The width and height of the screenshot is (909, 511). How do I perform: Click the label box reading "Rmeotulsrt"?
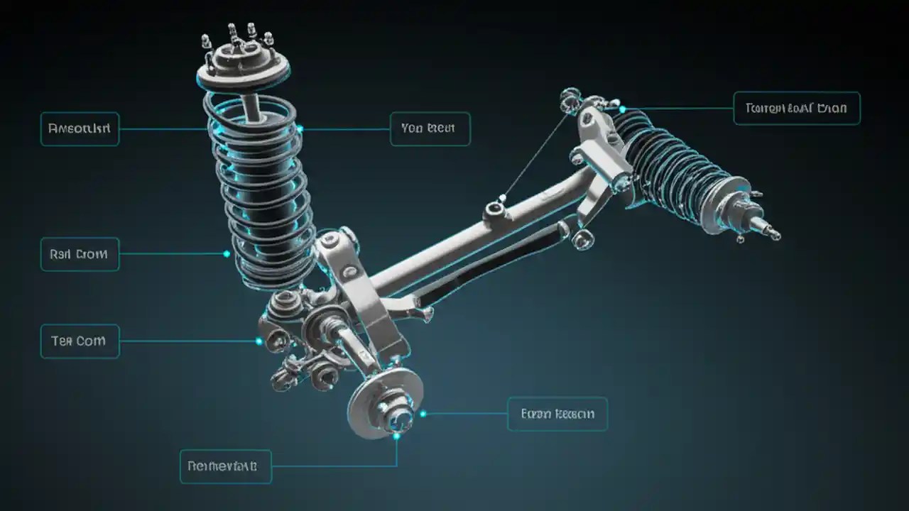pyautogui.click(x=80, y=129)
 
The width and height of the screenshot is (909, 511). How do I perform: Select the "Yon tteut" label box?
pyautogui.click(x=430, y=128)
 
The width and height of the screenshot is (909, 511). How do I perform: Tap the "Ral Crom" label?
pyautogui.click(x=80, y=254)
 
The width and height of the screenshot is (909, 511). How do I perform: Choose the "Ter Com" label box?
pyautogui.click(x=80, y=341)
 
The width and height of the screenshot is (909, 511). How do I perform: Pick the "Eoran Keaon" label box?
pyautogui.click(x=557, y=414)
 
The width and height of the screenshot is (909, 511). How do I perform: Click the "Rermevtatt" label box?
pyautogui.click(x=226, y=466)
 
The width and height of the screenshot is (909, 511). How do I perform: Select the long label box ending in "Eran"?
pyautogui.click(x=796, y=109)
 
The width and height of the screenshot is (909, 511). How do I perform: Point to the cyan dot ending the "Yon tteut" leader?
pyautogui.click(x=300, y=129)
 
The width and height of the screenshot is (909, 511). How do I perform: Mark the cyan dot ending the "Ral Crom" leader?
pyautogui.click(x=227, y=253)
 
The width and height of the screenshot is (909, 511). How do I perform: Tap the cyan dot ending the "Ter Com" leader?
pyautogui.click(x=258, y=341)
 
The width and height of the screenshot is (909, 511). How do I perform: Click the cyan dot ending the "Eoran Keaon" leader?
pyautogui.click(x=423, y=413)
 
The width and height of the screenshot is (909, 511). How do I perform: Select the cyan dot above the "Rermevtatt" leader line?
pyautogui.click(x=396, y=436)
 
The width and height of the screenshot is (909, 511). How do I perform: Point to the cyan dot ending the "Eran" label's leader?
pyautogui.click(x=622, y=109)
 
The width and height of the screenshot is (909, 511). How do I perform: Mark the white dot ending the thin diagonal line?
pyautogui.click(x=502, y=198)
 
